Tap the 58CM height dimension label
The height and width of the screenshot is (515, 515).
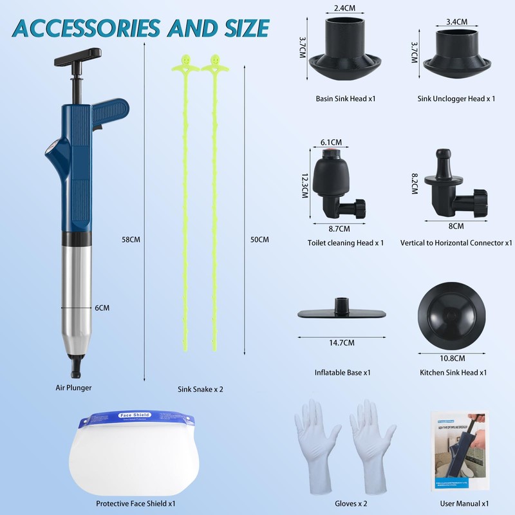tap(131, 239)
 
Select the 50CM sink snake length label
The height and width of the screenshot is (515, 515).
tap(259, 239)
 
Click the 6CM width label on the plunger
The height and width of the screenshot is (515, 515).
tap(102, 308)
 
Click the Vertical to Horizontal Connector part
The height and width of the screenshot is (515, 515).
tap(456, 187)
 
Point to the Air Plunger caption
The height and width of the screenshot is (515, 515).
tap(73, 388)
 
